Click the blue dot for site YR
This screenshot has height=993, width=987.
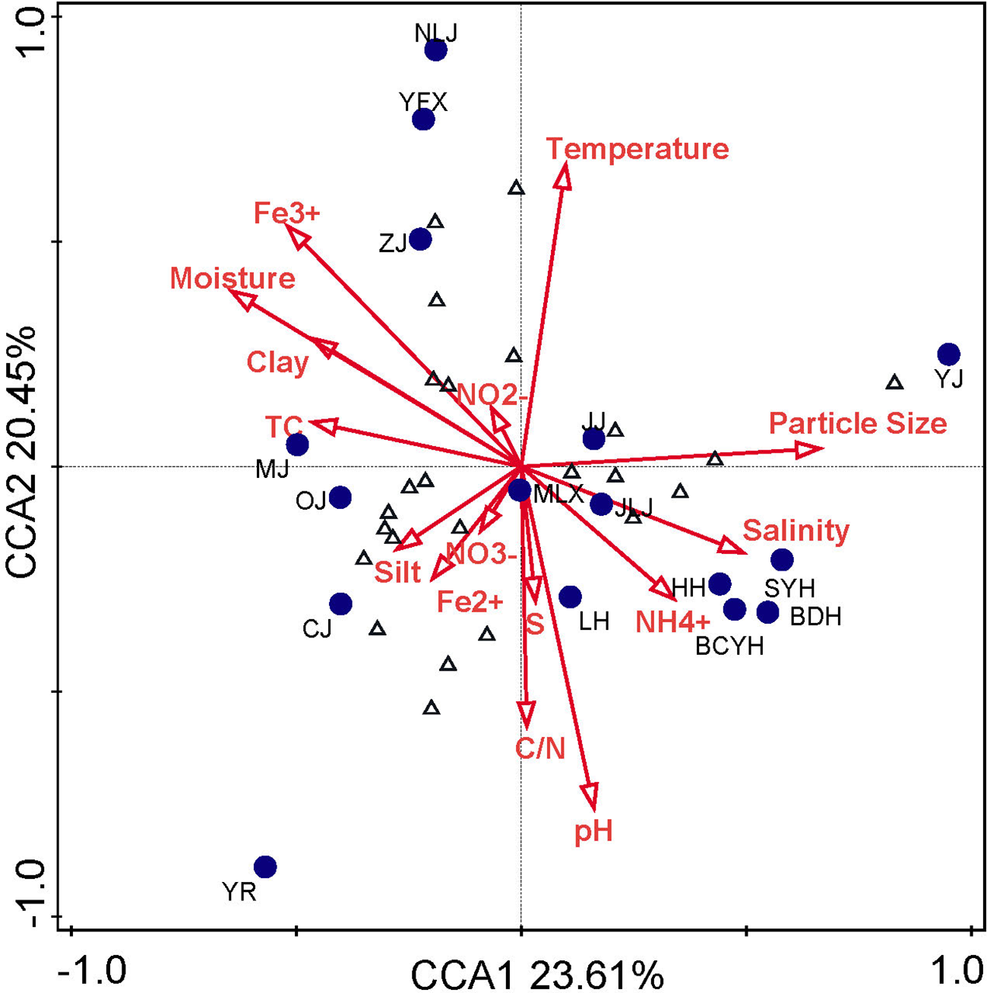click(x=265, y=866)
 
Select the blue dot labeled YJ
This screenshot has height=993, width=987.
click(x=948, y=354)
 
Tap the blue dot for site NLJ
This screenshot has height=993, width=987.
click(x=435, y=50)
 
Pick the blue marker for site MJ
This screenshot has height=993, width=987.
click(x=297, y=444)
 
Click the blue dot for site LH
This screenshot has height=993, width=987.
click(x=570, y=597)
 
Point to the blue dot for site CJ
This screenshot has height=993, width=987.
click(x=340, y=604)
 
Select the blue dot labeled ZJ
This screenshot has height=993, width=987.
click(x=420, y=239)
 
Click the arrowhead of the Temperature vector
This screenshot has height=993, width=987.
click(x=563, y=176)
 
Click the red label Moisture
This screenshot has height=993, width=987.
click(x=233, y=278)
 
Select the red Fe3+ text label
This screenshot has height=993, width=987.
click(x=287, y=213)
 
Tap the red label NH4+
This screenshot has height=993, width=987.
click(x=672, y=622)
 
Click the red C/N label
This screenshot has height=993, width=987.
click(x=540, y=749)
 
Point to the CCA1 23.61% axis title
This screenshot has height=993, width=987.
click(x=536, y=974)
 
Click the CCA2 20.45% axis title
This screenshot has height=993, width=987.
click(x=21, y=453)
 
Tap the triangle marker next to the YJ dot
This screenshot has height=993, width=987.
click(x=895, y=382)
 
